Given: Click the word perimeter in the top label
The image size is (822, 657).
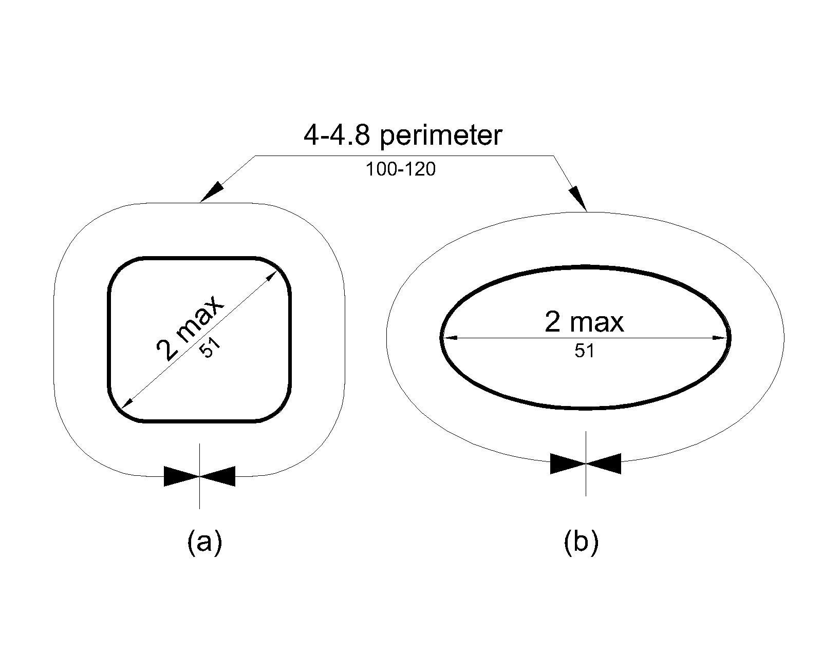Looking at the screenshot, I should pyautogui.click(x=441, y=136).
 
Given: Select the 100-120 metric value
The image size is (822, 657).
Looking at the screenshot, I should pyautogui.click(x=400, y=169).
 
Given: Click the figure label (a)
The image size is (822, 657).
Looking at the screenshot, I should pyautogui.click(x=204, y=542).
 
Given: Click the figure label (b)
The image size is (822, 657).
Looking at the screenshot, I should pyautogui.click(x=581, y=542).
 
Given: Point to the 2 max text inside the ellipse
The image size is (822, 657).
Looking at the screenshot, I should pyautogui.click(x=584, y=323).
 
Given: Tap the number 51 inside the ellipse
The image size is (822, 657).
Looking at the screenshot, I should pyautogui.click(x=585, y=352).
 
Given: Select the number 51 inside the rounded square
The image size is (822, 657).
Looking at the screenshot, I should pyautogui.click(x=210, y=350).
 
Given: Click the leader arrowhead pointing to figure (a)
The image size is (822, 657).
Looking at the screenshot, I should pyautogui.click(x=213, y=191).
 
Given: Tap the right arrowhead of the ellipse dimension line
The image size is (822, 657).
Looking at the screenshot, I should pyautogui.click(x=720, y=338).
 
